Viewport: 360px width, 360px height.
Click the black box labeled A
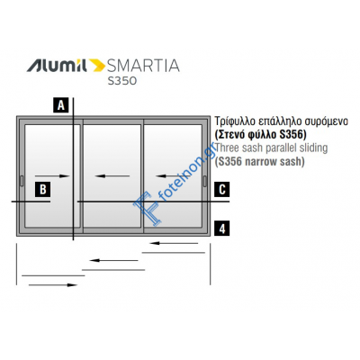pos(61,105)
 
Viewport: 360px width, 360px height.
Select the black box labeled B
pos(43,189)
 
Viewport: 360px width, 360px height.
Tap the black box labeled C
pos(222,189)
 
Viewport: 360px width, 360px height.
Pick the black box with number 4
pos(222,229)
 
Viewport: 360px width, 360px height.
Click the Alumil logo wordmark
pos(57,66)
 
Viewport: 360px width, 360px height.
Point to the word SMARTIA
pos(143,66)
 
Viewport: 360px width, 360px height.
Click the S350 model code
pos(122,81)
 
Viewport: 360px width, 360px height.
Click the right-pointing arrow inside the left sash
pos(52,176)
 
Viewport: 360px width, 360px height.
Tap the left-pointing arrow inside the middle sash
pos(112,176)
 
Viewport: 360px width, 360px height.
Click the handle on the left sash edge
pos(22,181)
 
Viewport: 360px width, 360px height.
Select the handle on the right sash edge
pos(205,181)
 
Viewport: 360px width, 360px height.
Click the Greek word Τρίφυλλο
pos(234,121)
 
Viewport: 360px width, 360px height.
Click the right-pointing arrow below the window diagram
pos(53,285)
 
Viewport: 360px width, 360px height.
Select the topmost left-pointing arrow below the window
pos(174,243)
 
